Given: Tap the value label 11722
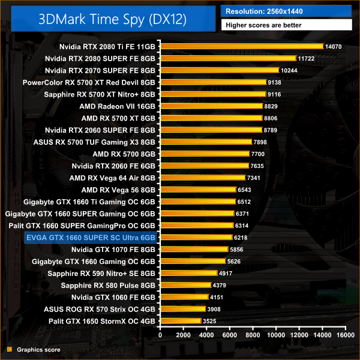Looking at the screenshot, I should [x=305, y=58].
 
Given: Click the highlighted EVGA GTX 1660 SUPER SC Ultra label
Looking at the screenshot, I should [x=91, y=238].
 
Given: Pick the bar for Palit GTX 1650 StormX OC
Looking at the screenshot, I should [x=180, y=321].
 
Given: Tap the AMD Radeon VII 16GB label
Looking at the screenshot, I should [x=117, y=106].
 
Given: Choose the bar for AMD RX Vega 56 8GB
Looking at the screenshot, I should [x=198, y=190].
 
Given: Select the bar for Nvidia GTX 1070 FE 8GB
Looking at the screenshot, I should [x=194, y=249].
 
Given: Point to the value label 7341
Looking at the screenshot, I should [x=255, y=178].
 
